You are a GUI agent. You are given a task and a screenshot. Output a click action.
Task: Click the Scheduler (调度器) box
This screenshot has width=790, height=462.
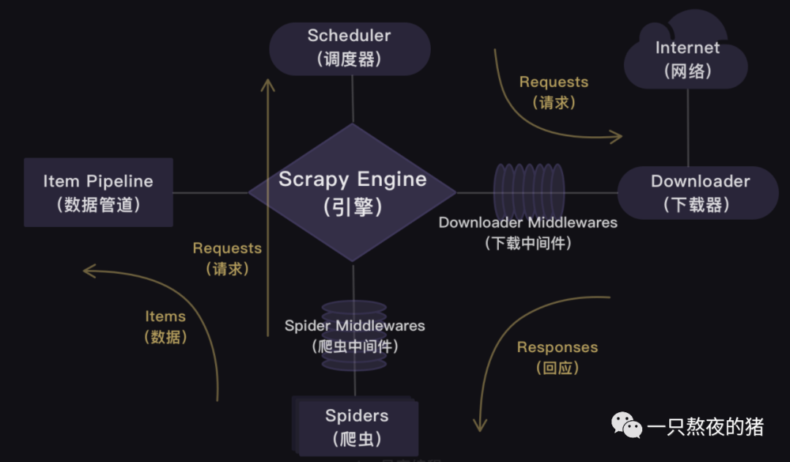(350, 48)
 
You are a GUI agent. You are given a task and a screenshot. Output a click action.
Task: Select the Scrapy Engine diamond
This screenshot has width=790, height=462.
(353, 193)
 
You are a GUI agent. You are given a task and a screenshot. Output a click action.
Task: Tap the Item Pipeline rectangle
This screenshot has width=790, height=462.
(98, 193)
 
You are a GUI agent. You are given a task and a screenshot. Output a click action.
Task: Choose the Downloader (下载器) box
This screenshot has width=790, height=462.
(699, 193)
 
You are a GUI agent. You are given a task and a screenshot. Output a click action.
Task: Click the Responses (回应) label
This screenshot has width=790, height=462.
(557, 357)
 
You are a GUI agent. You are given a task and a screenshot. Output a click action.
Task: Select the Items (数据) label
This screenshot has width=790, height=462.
(165, 326)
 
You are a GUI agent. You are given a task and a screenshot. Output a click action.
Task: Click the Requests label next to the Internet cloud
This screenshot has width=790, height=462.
(554, 92)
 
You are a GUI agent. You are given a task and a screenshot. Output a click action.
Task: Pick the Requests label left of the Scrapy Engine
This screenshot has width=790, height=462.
(227, 258)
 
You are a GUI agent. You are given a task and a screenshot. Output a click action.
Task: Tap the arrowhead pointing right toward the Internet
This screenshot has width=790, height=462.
(617, 135)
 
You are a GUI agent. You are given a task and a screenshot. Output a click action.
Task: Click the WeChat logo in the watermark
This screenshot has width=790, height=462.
(626, 425)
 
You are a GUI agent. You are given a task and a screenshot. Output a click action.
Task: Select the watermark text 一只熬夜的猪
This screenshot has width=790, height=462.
(705, 427)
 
